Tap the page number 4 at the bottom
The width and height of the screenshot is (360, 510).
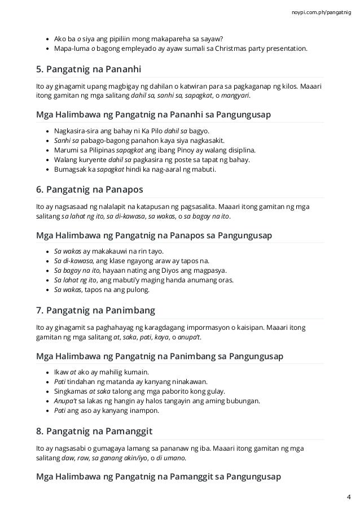(x=349, y=497)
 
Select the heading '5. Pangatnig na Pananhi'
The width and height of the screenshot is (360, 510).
(x=88, y=70)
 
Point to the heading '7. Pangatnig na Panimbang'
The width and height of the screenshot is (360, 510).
(x=95, y=311)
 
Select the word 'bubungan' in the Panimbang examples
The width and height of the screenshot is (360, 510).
(x=243, y=401)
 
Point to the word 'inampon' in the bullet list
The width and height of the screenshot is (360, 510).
(x=146, y=411)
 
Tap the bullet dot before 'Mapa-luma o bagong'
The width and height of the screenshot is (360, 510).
(x=46, y=49)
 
